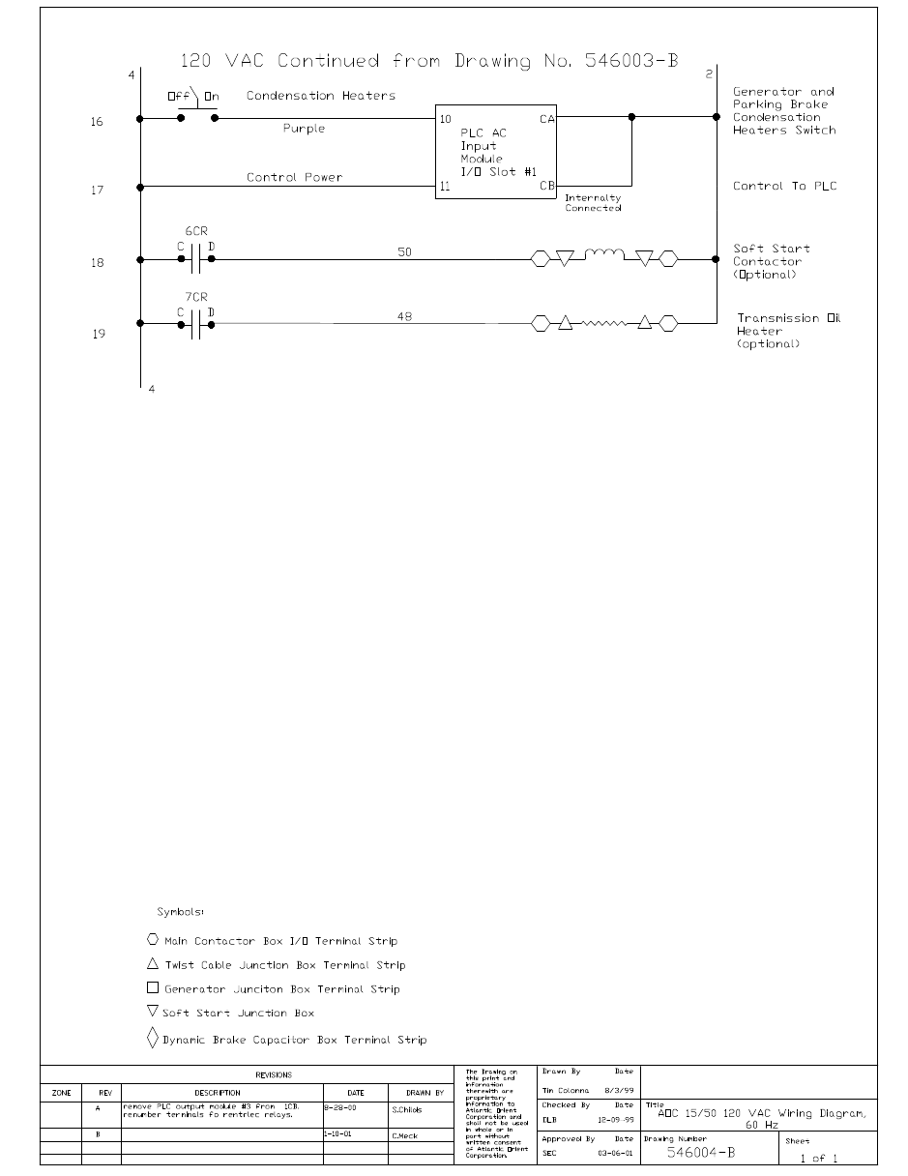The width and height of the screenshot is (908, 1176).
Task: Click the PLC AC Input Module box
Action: pyautogui.click(x=496, y=152)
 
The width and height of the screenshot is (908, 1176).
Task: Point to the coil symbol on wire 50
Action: pyautogui.click(x=604, y=255)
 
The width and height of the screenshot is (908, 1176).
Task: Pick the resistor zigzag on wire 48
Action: pyautogui.click(x=604, y=324)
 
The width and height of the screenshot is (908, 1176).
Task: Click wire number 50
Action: pyautogui.click(x=405, y=251)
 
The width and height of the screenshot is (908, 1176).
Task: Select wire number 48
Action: pyautogui.click(x=405, y=315)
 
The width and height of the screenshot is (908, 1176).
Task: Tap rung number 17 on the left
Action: pyautogui.click(x=97, y=191)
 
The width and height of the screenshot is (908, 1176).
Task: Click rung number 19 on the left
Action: pyautogui.click(x=98, y=334)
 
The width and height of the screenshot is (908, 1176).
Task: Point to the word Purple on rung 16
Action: pyautogui.click(x=304, y=129)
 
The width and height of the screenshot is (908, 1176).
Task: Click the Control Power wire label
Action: pyautogui.click(x=294, y=177)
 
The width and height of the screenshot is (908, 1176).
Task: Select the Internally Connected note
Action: pyautogui.click(x=593, y=203)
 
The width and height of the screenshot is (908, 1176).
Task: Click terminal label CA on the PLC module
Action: pyautogui.click(x=546, y=119)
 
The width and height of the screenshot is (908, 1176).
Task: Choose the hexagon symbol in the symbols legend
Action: pyautogui.click(x=153, y=939)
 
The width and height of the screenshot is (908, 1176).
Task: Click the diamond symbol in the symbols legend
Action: pyautogui.click(x=153, y=1039)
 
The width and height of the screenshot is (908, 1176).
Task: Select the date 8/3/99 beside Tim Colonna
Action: pyautogui.click(x=619, y=1090)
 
